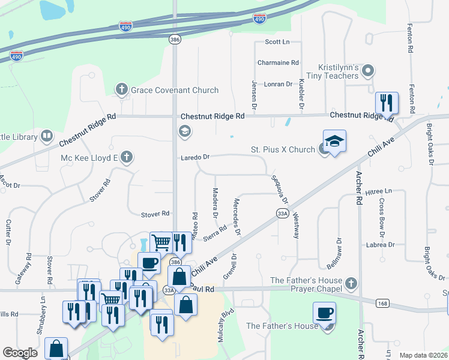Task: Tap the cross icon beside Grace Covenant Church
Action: point(121,90)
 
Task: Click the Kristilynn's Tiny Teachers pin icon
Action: point(369,71)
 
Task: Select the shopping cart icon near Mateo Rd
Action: point(161,242)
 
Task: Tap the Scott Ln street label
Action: point(277,42)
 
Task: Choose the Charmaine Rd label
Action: point(278,62)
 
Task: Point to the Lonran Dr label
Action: point(278,84)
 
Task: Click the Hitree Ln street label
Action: point(378,191)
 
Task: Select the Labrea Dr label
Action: point(379,245)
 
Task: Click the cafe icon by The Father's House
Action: point(324,313)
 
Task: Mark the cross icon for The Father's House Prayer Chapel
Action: point(351,282)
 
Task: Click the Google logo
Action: point(20,353)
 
